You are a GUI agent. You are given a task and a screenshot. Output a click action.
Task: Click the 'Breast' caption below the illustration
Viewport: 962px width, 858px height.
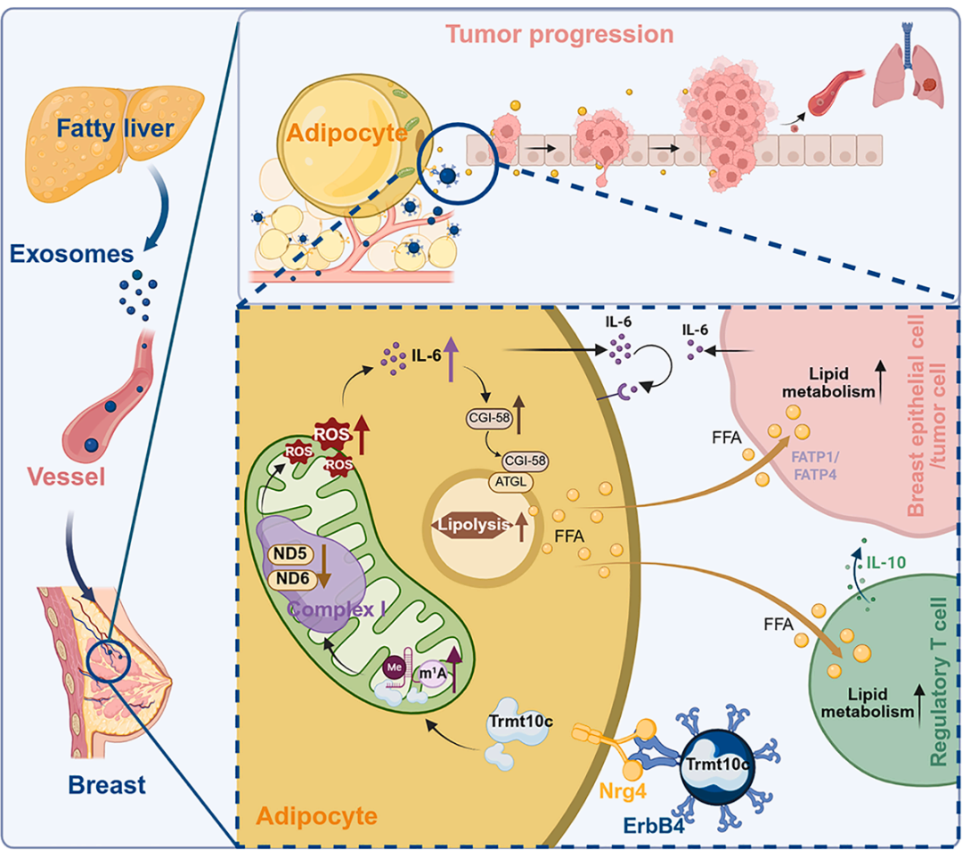pos(106,786)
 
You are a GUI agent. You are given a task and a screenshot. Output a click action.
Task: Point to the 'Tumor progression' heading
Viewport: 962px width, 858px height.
pos(559,36)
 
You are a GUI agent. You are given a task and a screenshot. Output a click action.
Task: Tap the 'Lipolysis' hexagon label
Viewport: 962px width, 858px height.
pos(472,526)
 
